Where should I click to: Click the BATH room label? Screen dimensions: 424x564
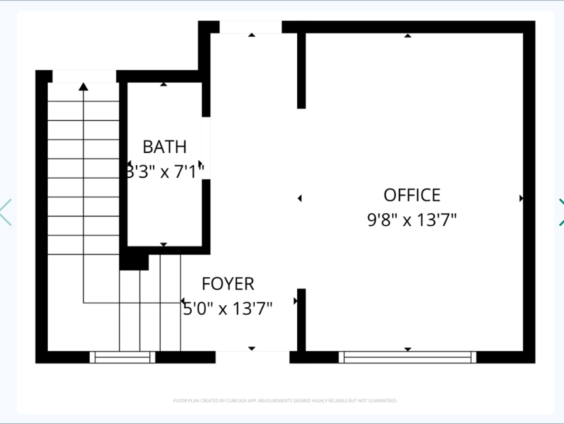coord(164,147)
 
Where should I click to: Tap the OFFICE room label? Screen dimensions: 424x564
coord(412,195)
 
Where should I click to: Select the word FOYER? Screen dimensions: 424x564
coord(228,284)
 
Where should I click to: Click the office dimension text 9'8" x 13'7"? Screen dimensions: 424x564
coord(412,220)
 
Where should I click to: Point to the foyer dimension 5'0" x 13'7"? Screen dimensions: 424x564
coord(228,308)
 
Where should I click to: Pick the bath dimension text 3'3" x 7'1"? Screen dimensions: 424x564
coord(165,171)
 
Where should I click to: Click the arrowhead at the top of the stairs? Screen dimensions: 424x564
coord(83,87)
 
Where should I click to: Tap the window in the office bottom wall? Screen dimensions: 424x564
coord(407,357)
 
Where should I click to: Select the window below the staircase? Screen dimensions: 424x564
coord(122,357)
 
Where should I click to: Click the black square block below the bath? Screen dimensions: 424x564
coord(134,262)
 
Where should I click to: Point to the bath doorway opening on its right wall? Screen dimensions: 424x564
coord(206,148)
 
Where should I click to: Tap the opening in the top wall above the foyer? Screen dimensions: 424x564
coord(250,27)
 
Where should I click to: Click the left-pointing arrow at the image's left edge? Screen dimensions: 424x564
coord(6,212)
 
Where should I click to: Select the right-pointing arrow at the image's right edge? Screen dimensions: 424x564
coord(560,212)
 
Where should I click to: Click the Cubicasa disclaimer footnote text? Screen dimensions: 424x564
coord(285,401)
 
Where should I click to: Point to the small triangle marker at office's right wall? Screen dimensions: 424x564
coord(521,198)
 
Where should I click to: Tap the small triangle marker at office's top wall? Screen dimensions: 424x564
coord(408,35)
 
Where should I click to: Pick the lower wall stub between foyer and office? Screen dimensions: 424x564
coord(301,320)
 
